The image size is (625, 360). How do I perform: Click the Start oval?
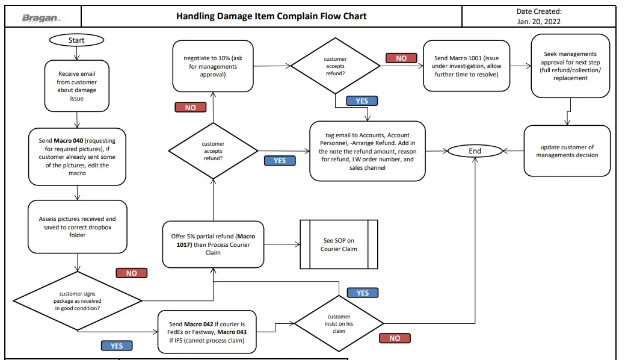pyautogui.click(x=76, y=40)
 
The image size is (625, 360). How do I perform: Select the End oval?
pyautogui.click(x=475, y=151)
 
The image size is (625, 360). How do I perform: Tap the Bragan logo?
pyautogui.click(x=41, y=17)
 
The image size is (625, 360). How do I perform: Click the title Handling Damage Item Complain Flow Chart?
pyautogui.click(x=271, y=16)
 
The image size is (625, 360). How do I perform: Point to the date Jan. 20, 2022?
pyautogui.click(x=539, y=22)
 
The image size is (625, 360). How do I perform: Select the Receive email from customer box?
pyautogui.click(x=76, y=86)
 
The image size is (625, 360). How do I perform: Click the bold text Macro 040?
pyautogui.click(x=69, y=140)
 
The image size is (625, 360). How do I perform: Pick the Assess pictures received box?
pyautogui.click(x=78, y=227)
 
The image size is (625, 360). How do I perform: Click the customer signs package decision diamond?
pyautogui.click(x=78, y=301)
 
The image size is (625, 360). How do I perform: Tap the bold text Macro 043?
pyautogui.click(x=232, y=332)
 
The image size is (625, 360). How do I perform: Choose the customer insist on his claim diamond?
pyautogui.click(x=339, y=323)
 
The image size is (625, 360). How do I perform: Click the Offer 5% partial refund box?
pyautogui.click(x=213, y=244)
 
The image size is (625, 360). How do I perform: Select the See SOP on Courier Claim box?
pyautogui.click(x=339, y=244)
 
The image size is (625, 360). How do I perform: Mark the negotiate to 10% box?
pyautogui.click(x=213, y=66)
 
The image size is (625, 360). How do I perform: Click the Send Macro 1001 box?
pyautogui.click(x=466, y=66)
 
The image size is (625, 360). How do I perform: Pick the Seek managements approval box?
pyautogui.click(x=570, y=66)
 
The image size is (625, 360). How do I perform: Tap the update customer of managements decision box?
pyautogui.click(x=567, y=151)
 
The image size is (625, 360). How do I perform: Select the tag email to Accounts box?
pyautogui.click(x=367, y=151)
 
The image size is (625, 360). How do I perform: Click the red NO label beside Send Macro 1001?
pyautogui.click(x=401, y=58)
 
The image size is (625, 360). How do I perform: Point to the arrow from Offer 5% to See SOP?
pyautogui.click(x=282, y=244)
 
